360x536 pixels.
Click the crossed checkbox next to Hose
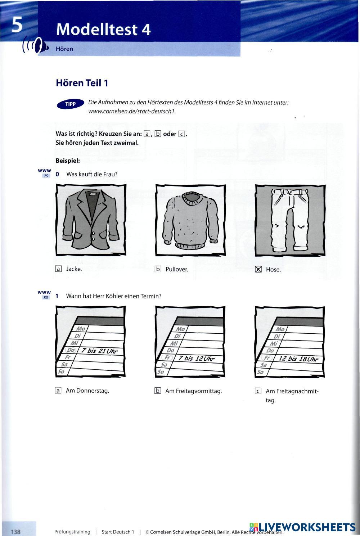pyautogui.click(x=258, y=269)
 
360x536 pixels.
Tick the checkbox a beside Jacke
pyautogui.click(x=58, y=269)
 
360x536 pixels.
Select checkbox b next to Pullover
pyautogui.click(x=158, y=269)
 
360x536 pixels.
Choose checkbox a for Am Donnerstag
pyautogui.click(x=58, y=391)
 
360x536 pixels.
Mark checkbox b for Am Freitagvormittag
pyautogui.click(x=157, y=391)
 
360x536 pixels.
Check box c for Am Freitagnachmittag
pyautogui.click(x=258, y=391)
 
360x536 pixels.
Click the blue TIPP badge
pyautogui.click(x=70, y=104)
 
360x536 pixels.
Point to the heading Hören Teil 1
pyautogui.click(x=82, y=83)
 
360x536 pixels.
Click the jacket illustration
pyautogui.click(x=91, y=220)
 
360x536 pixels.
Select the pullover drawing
pyautogui.click(x=190, y=220)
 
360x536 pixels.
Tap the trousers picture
pyautogui.click(x=290, y=220)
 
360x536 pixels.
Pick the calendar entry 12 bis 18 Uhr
pyautogui.click(x=298, y=359)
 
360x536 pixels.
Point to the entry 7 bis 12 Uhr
pyautogui.click(x=196, y=359)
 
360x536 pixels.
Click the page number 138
pyautogui.click(x=16, y=532)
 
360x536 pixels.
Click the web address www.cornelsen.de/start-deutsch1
pyautogui.click(x=132, y=111)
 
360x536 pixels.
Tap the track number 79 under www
pyautogui.click(x=46, y=176)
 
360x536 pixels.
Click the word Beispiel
pyautogui.click(x=68, y=161)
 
